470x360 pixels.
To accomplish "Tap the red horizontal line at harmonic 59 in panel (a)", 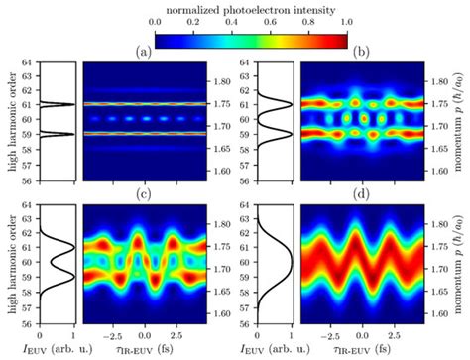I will point(145,133).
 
